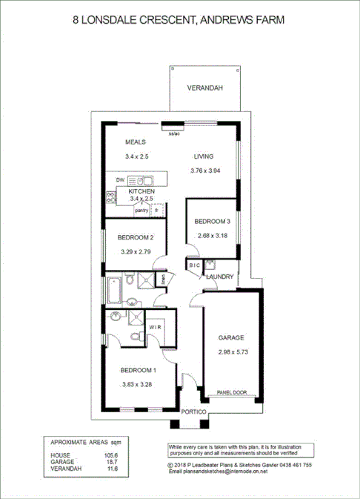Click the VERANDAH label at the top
click(204, 87)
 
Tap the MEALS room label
click(135, 142)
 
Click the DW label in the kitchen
click(120, 180)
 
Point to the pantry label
click(141, 211)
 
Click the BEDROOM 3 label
click(213, 222)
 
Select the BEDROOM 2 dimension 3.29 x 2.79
click(136, 252)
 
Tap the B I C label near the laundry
click(195, 265)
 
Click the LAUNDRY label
click(221, 277)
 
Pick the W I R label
click(156, 326)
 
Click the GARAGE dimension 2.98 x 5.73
click(231, 352)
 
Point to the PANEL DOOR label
click(231, 392)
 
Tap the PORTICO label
click(193, 411)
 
